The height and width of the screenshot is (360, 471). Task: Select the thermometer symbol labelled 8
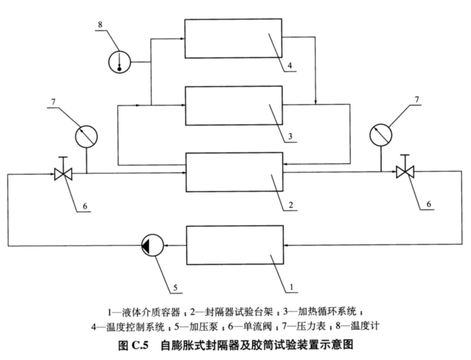click(x=118, y=62)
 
